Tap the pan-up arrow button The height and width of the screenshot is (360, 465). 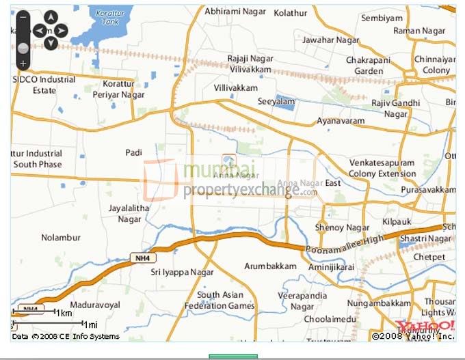(x=50, y=18)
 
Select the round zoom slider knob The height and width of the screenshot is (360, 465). (x=23, y=48)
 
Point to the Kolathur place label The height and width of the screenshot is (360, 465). (x=291, y=12)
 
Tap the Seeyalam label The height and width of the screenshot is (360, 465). (x=276, y=101)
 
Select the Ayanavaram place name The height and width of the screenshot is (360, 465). (x=341, y=121)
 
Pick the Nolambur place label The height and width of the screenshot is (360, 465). (x=61, y=238)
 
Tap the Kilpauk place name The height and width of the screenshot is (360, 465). (x=397, y=223)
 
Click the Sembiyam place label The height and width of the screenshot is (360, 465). (x=382, y=18)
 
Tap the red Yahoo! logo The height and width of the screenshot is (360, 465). (x=425, y=325)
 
